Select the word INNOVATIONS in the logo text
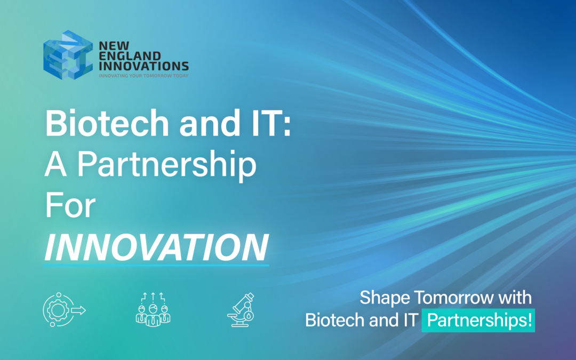coord(143,66)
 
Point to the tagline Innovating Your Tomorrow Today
coord(143,76)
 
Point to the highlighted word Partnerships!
coord(478,322)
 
